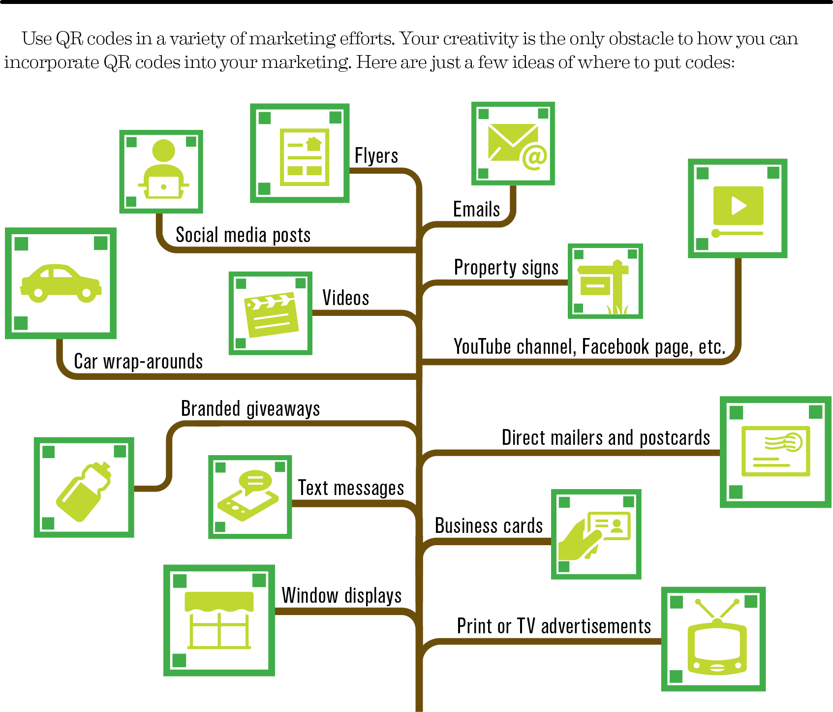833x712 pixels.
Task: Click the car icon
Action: pos(61,283)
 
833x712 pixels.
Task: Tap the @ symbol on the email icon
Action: pos(535,157)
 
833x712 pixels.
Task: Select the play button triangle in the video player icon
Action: pos(739,206)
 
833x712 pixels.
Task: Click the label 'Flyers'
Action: pos(376,155)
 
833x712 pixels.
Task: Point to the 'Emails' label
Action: pos(476,209)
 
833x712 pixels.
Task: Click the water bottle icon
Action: pos(84,491)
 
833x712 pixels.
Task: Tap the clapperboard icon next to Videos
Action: pos(271,314)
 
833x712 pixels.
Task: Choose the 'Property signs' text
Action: pos(506,268)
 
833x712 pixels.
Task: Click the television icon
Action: pos(717,637)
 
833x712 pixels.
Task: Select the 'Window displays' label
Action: pos(341,595)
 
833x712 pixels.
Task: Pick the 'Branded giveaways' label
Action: pos(250,409)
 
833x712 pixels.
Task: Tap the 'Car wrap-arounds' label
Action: pos(138,362)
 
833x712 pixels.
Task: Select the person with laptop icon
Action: pos(163,170)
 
